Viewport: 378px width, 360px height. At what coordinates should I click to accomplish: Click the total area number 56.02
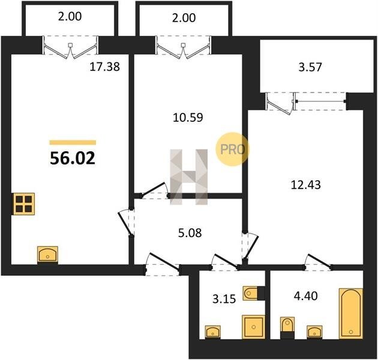[73, 158]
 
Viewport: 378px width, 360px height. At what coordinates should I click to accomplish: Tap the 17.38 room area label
[104, 67]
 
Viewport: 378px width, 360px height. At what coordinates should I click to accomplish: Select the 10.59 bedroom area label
[188, 118]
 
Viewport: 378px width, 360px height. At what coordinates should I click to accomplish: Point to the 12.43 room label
[306, 185]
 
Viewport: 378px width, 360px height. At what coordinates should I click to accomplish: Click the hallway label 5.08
[190, 233]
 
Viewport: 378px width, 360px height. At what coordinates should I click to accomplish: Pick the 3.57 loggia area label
[310, 67]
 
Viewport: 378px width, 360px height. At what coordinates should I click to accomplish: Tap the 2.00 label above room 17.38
[70, 16]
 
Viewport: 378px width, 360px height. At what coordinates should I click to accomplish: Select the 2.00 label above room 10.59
[184, 18]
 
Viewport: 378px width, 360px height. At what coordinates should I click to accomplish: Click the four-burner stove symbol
[23, 204]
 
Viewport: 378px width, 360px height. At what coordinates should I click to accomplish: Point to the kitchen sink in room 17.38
[48, 254]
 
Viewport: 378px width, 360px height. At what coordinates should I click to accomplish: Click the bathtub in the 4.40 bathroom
[351, 313]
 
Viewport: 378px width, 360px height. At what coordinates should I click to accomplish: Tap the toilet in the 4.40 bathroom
[287, 328]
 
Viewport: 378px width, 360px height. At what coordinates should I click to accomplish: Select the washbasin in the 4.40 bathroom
[314, 332]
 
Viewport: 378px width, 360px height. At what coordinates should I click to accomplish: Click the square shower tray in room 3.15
[254, 327]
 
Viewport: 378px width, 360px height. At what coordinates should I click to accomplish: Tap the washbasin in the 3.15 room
[213, 332]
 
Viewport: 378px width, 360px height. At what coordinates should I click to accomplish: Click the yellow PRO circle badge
[232, 149]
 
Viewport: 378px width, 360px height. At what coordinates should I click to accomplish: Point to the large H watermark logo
[189, 177]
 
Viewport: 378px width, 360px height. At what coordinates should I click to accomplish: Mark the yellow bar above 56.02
[73, 143]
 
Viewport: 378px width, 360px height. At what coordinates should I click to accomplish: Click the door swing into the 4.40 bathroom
[319, 262]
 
